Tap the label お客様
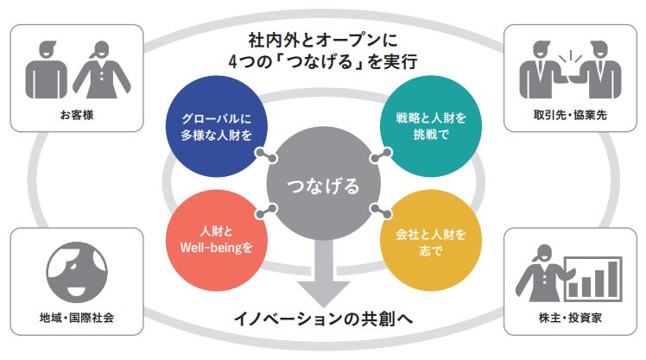coord(76,114)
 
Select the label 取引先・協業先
coord(569,114)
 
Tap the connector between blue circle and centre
coord(264,155)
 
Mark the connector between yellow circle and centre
coord(380,213)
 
